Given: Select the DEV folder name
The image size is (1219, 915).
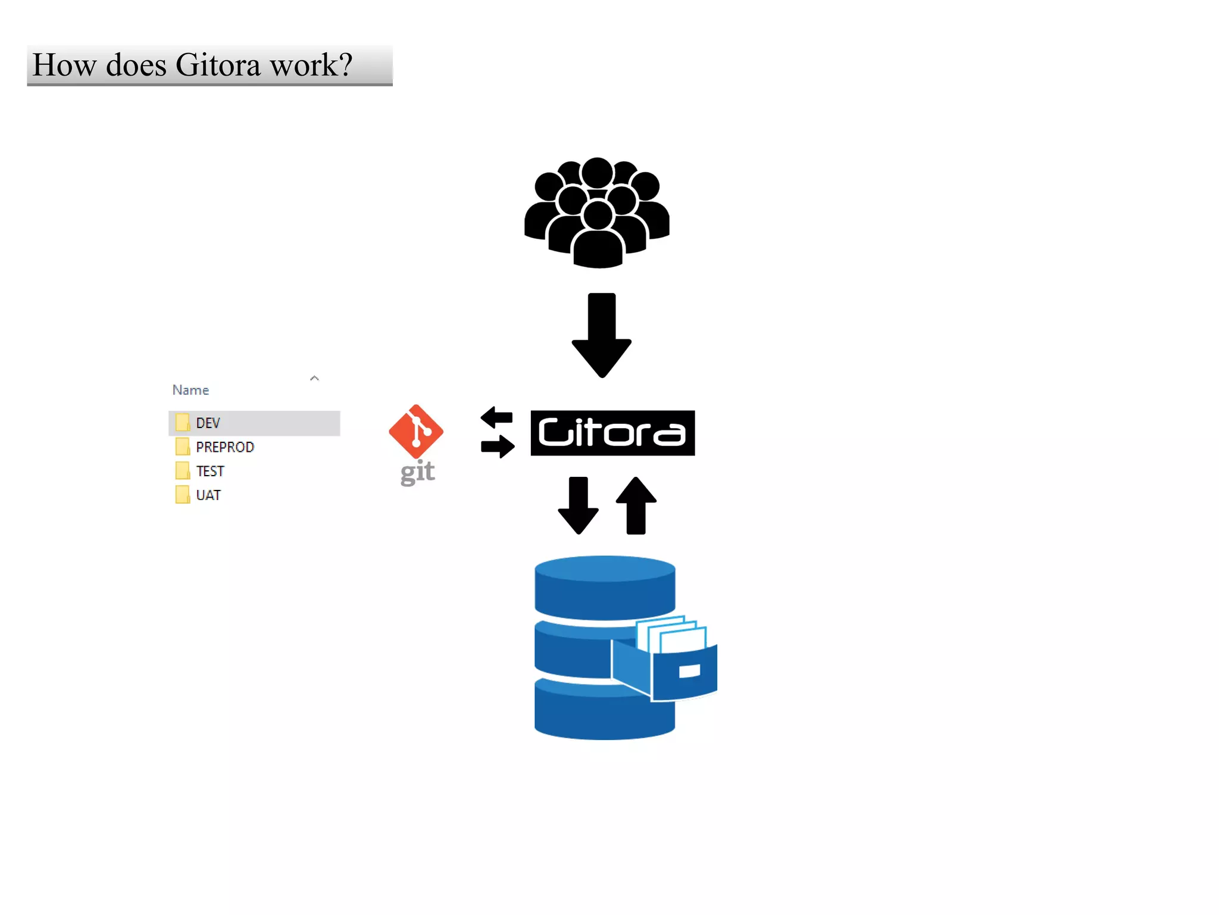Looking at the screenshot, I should [208, 423].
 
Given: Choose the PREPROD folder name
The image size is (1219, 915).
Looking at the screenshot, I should [224, 447].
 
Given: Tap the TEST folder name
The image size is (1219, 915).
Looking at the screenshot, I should [210, 471].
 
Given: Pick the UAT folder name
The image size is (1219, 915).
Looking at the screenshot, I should [208, 495].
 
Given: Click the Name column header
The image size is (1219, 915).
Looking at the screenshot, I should [190, 390].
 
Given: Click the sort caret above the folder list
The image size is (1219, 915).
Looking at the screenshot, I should [314, 378].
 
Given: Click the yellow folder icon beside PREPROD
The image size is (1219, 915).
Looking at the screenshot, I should [182, 446].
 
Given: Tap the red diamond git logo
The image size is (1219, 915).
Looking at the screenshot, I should [415, 431].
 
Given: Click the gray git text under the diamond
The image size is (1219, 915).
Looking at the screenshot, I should [417, 473].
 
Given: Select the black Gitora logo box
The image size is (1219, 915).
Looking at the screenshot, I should [612, 433].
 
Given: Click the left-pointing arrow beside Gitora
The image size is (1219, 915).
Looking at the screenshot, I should [496, 417].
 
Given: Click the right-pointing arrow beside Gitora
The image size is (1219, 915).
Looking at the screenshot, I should [498, 446].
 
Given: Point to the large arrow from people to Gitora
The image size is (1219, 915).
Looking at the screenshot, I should [601, 333].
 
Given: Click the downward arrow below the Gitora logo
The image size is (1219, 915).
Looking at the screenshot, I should [578, 505].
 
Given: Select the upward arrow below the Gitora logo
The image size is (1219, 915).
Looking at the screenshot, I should [636, 505].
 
